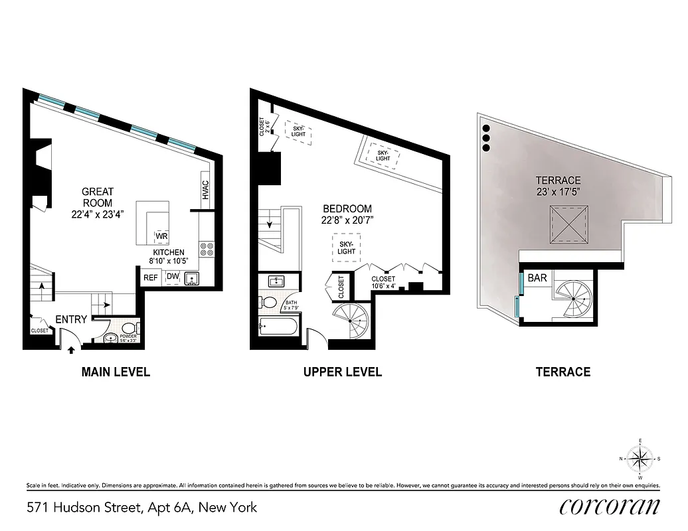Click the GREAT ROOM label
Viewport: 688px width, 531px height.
click(98, 197)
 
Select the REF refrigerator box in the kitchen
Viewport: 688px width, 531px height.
click(151, 277)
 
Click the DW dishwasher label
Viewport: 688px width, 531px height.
click(173, 277)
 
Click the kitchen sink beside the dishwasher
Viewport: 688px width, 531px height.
click(193, 277)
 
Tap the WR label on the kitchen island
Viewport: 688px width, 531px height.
click(161, 236)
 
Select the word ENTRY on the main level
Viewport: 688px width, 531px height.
click(71, 319)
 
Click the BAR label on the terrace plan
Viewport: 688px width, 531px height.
click(537, 277)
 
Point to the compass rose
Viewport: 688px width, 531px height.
click(640, 458)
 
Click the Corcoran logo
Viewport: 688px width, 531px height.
click(609, 506)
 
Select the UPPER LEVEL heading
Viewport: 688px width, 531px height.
click(343, 372)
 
